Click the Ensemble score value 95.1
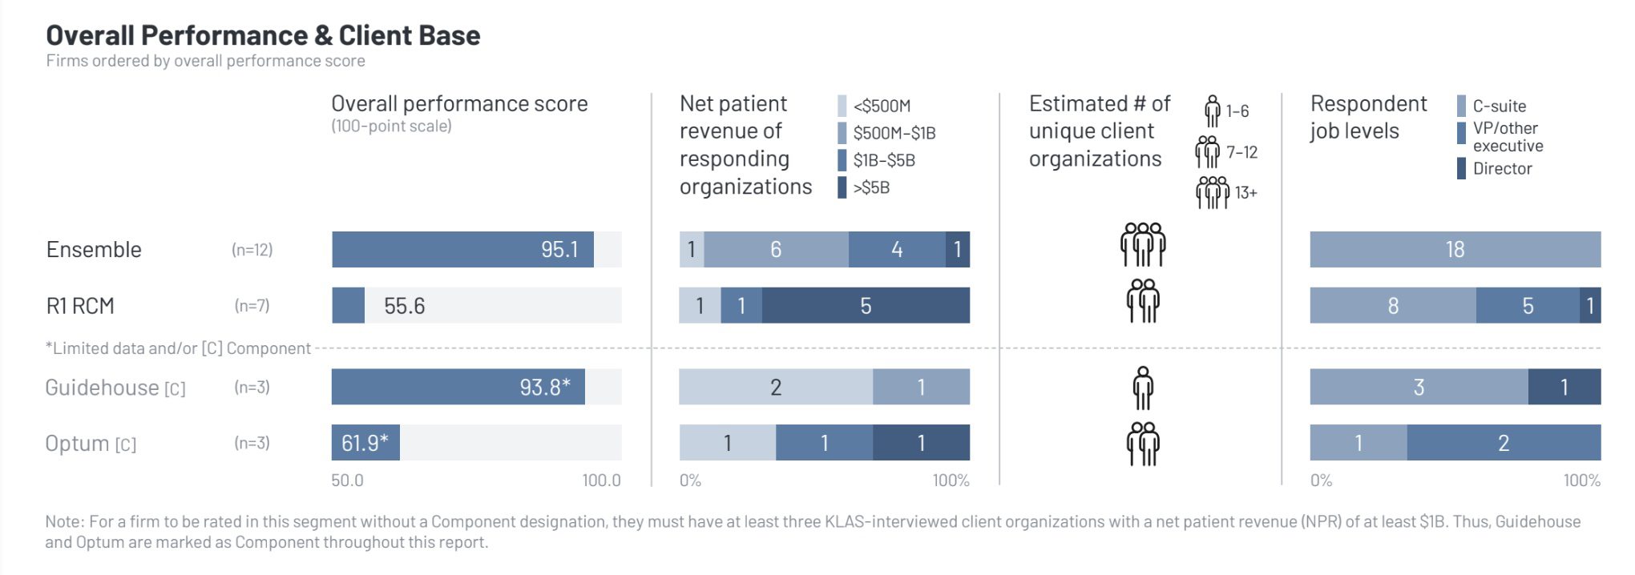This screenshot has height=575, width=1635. pyautogui.click(x=559, y=249)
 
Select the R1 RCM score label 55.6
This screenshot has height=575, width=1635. pyautogui.click(x=404, y=306)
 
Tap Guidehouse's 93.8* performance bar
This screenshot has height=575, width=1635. pyautogui.click(x=458, y=387)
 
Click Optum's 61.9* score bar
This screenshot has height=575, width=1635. pyautogui.click(x=365, y=443)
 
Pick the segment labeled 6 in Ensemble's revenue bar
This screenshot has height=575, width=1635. pyautogui.click(x=776, y=249)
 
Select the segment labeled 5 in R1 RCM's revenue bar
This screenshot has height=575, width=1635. pyautogui.click(x=866, y=306)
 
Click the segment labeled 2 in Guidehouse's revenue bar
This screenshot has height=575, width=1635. pyautogui.click(x=775, y=387)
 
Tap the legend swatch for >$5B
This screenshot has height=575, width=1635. pyautogui.click(x=842, y=187)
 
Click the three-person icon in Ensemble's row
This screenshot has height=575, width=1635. pyautogui.click(x=1143, y=244)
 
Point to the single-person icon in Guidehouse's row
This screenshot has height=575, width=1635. pyautogui.click(x=1143, y=388)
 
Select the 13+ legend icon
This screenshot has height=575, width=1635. pyautogui.click(x=1212, y=192)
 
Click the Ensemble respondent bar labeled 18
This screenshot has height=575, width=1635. pyautogui.click(x=1455, y=249)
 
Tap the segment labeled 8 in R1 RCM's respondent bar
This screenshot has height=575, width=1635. pyautogui.click(x=1393, y=306)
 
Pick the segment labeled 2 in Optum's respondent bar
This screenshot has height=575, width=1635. pyautogui.click(x=1504, y=443)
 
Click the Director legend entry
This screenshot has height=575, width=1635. pyautogui.click(x=1501, y=168)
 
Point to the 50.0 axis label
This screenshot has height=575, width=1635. pyautogui.click(x=347, y=481)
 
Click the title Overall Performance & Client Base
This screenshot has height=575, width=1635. pyautogui.click(x=263, y=35)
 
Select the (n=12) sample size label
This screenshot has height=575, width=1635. pyautogui.click(x=252, y=250)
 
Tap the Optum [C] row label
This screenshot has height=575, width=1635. pyautogui.click(x=91, y=444)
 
